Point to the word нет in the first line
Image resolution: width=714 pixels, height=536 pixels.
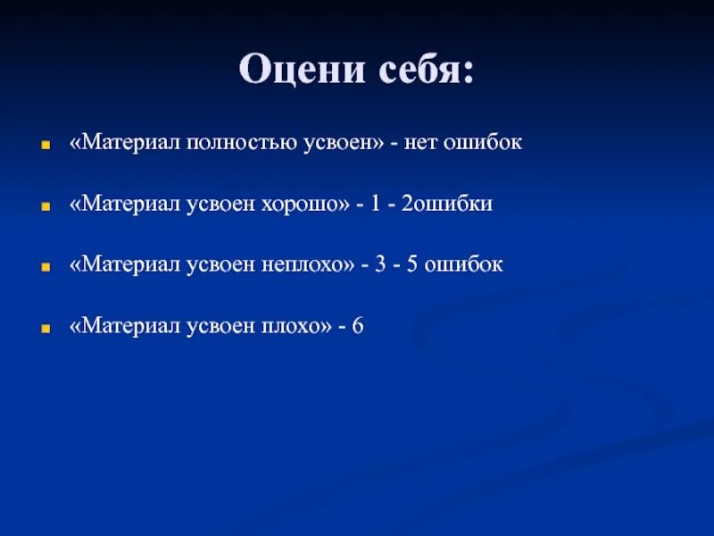tap(422, 144)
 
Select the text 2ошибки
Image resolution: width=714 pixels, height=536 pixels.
tap(446, 205)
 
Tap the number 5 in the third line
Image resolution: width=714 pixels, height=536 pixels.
tap(414, 265)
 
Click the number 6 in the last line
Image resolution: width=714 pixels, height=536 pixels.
tap(357, 326)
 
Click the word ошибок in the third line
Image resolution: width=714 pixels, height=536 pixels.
tap(466, 265)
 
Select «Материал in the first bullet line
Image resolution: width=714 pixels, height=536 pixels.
tap(120, 144)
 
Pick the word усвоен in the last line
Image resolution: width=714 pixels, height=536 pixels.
tap(214, 326)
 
